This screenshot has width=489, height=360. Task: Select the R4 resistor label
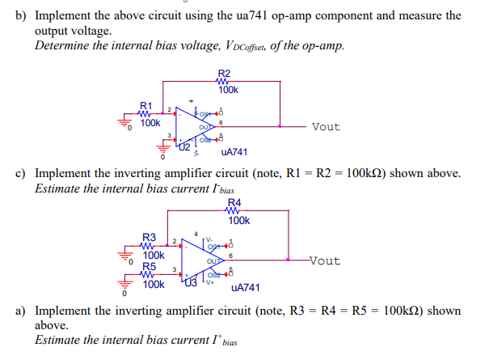[234, 203]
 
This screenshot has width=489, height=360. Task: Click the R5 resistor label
[149, 265]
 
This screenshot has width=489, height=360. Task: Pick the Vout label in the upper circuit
[326, 127]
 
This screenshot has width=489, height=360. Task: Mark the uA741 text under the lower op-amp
[245, 286]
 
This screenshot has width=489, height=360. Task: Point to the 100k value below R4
[238, 220]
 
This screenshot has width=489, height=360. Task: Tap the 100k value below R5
[154, 284]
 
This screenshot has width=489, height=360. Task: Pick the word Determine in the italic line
[64, 44]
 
